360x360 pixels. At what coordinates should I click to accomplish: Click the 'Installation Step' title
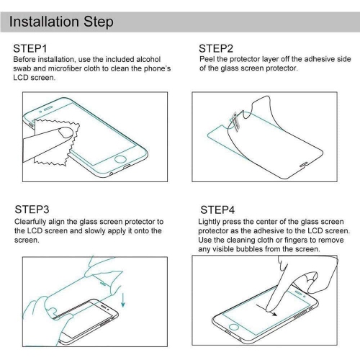tap(61, 22)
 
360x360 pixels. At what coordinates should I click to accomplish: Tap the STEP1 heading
tap(30, 48)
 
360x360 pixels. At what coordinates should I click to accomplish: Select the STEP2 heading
tap(216, 48)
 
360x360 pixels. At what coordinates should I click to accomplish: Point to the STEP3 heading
tap(32, 210)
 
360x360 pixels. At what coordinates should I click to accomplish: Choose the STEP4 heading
tap(217, 210)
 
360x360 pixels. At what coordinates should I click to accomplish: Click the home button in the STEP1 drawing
tap(120, 159)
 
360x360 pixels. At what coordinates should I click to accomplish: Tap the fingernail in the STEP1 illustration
tap(66, 132)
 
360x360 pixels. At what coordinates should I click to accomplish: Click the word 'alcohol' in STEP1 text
tap(148, 59)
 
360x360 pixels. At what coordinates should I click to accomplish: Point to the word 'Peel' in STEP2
tap(207, 59)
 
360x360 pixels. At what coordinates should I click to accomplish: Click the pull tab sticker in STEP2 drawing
tap(235, 121)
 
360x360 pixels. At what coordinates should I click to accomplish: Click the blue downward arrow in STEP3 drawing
tap(123, 297)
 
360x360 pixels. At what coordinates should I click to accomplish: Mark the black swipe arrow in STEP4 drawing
tap(266, 310)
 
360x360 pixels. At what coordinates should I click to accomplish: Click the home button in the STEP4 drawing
tap(233, 327)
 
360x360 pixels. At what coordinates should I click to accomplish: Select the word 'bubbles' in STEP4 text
tap(249, 249)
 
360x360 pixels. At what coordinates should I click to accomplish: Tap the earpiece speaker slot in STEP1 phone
tap(48, 109)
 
